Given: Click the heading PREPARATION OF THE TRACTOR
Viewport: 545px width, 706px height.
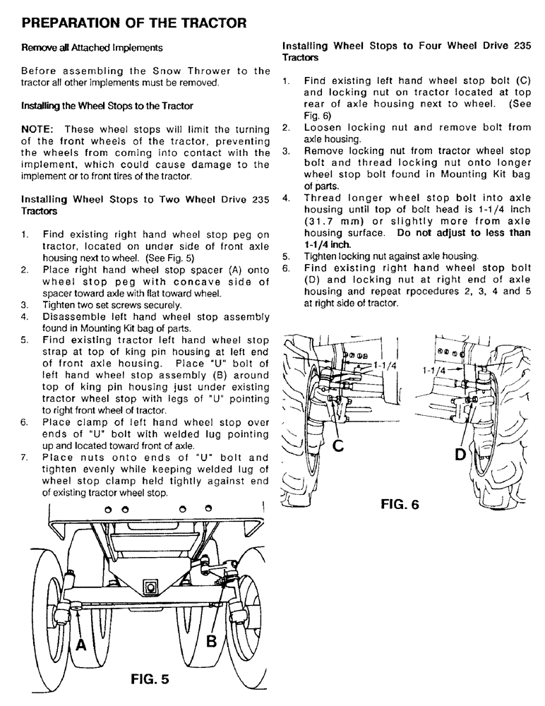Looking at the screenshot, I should click(134, 23).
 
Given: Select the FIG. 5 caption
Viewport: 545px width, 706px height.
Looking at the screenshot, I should click(150, 680).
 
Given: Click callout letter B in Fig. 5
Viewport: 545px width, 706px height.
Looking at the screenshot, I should click(212, 642).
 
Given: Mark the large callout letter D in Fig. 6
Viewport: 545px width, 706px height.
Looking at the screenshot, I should click(460, 455).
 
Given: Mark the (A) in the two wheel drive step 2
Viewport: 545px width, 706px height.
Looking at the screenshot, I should click(191, 270).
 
